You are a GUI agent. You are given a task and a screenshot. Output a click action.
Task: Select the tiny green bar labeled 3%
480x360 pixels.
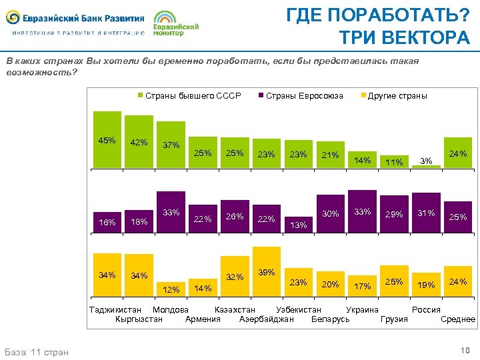[x=431, y=166]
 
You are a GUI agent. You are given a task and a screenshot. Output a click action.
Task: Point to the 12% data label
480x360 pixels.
[x=171, y=289]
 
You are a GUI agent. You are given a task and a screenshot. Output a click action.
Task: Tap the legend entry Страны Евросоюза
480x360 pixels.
[x=304, y=95]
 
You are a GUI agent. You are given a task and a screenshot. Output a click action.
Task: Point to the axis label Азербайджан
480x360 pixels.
[x=266, y=319]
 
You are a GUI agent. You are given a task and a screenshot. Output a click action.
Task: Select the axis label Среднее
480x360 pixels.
[x=458, y=319]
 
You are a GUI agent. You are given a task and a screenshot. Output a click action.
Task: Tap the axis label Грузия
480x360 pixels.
[x=394, y=319]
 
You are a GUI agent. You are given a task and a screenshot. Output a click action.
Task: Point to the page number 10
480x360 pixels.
[x=465, y=351]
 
